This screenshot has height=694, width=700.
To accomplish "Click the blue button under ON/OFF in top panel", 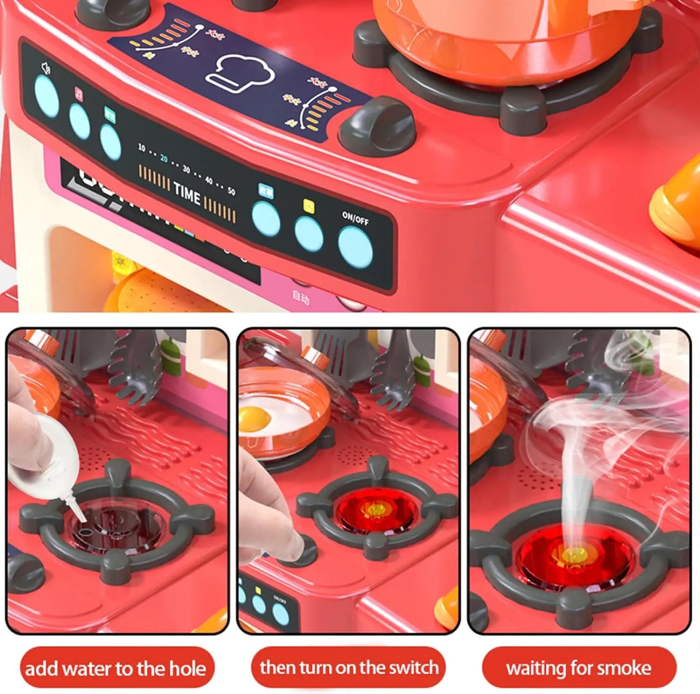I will click(355, 247).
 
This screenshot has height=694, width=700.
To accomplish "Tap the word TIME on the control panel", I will click(187, 193).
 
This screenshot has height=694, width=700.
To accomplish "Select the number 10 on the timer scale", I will click(141, 147).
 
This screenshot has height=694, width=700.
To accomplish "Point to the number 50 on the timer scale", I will click(231, 191).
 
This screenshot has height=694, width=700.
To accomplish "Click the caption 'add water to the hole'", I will click(116, 668).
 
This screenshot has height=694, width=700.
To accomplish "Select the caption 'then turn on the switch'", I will click(349, 667).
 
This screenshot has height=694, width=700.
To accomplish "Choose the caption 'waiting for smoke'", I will click(579, 668).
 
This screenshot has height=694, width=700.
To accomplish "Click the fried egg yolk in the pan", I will click(254, 417).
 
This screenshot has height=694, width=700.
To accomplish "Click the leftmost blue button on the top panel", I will click(47, 96).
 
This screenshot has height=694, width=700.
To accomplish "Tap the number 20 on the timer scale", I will click(164, 159).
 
